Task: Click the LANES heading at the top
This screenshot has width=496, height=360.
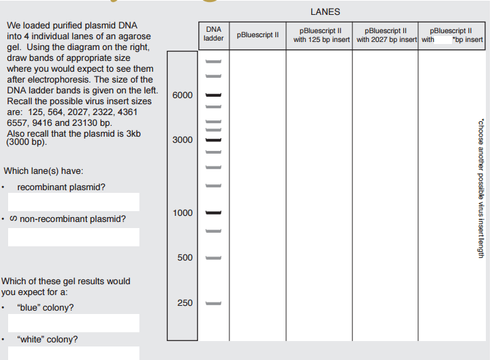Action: pos(325,12)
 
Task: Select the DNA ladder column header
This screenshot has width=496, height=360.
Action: pos(213,35)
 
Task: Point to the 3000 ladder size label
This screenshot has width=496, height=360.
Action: pos(182,140)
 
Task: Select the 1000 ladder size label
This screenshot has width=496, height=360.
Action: pos(182,212)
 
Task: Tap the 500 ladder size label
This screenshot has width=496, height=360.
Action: pos(185,258)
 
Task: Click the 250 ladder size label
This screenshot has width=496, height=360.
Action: pos(185,302)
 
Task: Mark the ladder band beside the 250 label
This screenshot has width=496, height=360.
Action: pos(213,302)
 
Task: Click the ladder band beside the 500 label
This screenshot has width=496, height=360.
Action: pos(213,258)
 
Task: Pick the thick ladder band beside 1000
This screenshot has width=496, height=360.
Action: pos(213,212)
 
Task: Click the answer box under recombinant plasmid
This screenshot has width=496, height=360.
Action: pos(73,202)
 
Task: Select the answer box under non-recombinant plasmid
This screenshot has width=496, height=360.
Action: pos(73,237)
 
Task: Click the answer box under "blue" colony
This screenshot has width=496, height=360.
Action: pos(73,323)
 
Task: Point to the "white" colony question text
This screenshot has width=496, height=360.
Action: pos(47,340)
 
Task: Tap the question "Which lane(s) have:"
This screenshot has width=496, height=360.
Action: pos(43,171)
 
